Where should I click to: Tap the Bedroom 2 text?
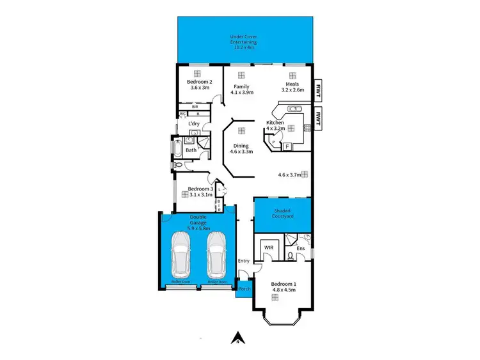click(198, 85)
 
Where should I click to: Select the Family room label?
click(241, 90)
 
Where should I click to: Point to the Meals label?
click(294, 90)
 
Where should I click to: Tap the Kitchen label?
click(275, 125)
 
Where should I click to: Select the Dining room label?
click(242, 148)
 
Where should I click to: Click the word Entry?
click(243, 261)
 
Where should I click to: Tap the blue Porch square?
click(244, 288)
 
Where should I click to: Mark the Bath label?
click(191, 151)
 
